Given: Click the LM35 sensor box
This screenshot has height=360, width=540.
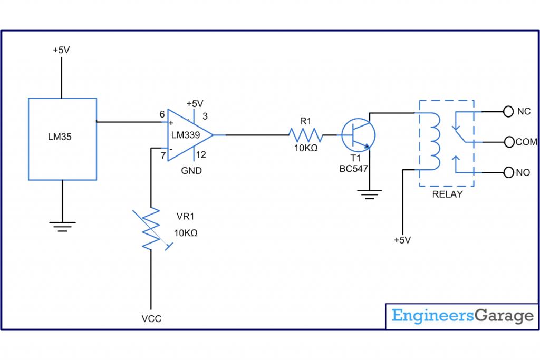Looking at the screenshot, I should coord(62,138).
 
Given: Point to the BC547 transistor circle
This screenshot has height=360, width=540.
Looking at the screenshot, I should coord(358,135).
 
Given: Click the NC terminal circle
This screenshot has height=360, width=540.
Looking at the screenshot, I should coord(508,111).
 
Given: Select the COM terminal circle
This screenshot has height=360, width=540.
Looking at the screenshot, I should coord(508,142).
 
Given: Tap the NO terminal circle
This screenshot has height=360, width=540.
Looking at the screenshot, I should coord(508,172).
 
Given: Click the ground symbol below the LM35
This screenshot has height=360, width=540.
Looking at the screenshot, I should coord(62,227).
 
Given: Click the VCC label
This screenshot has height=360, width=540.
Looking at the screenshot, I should coord(151,318).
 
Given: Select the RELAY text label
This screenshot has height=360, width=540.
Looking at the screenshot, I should coord(447,194).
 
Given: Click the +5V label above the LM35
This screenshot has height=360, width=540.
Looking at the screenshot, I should coord(62,50).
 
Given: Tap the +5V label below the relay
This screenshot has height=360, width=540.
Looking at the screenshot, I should coord(402,240).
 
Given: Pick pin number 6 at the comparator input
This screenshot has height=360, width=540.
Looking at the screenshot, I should coord(162,114).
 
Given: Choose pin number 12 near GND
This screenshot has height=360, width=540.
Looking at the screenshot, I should coord(201,154).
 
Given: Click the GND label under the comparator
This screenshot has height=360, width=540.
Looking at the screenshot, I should coord(191,171).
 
